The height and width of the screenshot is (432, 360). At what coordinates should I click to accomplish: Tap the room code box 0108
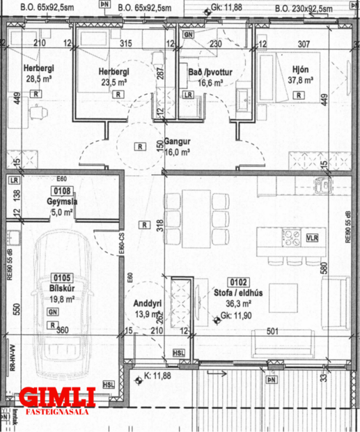coord(62,190)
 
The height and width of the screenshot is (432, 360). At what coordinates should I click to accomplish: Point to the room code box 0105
coord(62,276)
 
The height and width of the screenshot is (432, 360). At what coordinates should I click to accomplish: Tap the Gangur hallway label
coord(178,140)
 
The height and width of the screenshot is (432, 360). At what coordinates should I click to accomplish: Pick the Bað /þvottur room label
coord(205,72)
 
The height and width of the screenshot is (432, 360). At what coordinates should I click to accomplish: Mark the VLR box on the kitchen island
coord(311,238)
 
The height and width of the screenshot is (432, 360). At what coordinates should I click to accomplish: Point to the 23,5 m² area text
coord(111,81)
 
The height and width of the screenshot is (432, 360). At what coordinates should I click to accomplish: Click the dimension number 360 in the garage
coord(62,330)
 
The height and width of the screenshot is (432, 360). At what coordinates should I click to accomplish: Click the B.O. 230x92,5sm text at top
coord(310,8)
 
